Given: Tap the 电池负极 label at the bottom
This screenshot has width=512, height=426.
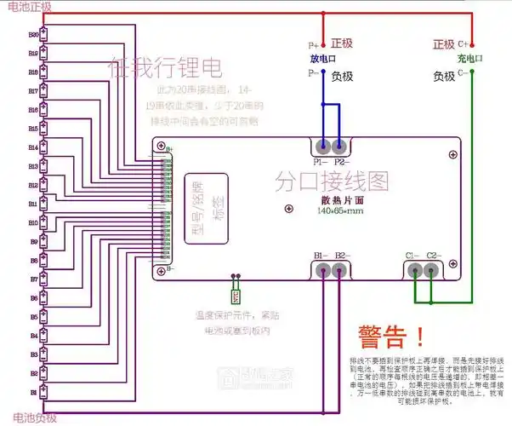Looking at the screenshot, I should (x=29, y=417).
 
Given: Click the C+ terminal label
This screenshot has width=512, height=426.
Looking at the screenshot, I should (x=464, y=43).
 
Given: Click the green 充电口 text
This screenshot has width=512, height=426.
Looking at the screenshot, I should (x=469, y=59).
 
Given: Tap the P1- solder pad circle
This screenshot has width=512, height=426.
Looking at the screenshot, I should (x=323, y=146).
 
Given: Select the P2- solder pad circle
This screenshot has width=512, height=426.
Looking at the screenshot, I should (x=340, y=146).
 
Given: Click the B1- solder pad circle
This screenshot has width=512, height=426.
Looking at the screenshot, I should (x=323, y=271).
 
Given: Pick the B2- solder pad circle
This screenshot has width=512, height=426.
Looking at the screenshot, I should (x=340, y=271).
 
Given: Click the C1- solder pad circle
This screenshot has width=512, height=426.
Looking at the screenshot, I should (x=414, y=271).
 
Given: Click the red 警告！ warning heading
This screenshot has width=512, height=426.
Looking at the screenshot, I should (x=391, y=336).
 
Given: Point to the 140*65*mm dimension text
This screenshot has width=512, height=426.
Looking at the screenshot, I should (x=340, y=210).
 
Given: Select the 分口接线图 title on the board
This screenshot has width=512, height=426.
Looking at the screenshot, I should (x=332, y=181).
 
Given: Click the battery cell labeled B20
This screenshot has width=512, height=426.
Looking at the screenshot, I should (x=48, y=35).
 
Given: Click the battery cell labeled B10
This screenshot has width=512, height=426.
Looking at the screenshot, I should (x=48, y=222).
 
